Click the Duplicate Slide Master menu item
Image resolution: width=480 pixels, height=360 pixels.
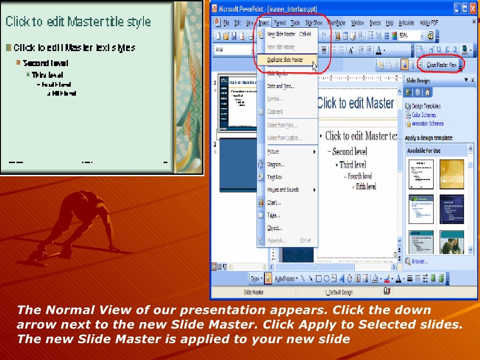[x=285, y=60]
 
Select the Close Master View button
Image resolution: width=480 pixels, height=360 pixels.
[x=441, y=65]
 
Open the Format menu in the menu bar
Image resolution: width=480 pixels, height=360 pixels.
[x=280, y=22]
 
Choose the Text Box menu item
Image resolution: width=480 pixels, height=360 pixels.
[x=275, y=177]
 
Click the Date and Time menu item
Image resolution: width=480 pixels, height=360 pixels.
[x=280, y=86]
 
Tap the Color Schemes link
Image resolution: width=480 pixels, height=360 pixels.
[x=424, y=115]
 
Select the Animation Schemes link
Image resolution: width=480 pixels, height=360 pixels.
[x=427, y=124]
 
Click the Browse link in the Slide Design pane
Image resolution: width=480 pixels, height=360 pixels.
[x=420, y=261]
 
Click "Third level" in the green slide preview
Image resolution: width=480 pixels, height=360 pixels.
[x=47, y=75]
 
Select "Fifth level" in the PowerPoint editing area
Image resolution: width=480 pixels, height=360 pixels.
[x=366, y=187]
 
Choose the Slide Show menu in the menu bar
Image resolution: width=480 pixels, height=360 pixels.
[x=314, y=22]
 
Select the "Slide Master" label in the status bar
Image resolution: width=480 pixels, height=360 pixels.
[x=254, y=292]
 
